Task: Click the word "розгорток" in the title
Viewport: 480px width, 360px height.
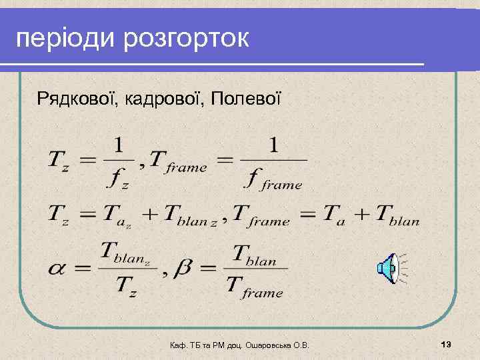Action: [x=185, y=38]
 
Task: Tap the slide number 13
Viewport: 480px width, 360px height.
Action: [x=446, y=343]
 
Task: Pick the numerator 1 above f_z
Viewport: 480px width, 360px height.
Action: [x=119, y=143]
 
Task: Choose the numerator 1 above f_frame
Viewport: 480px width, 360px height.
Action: [x=274, y=143]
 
